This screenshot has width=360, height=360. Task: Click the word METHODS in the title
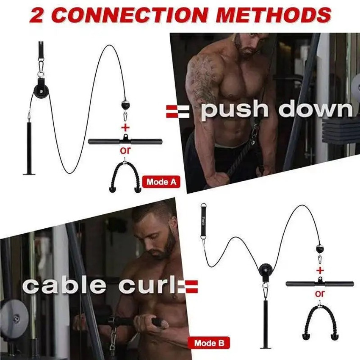pos(277,15)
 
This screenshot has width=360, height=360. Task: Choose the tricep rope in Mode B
pos(320,320)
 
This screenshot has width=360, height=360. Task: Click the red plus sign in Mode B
pos(320,270)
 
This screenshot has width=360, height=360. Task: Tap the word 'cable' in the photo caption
pos(66,286)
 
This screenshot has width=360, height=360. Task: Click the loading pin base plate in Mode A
pos(32,173)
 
